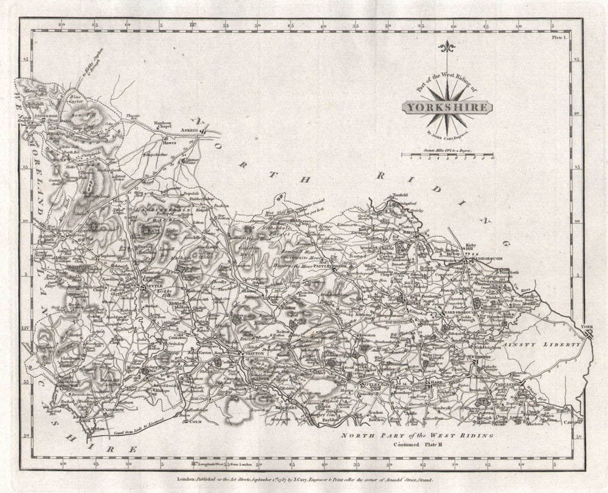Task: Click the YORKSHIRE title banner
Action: tap(446, 108)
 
